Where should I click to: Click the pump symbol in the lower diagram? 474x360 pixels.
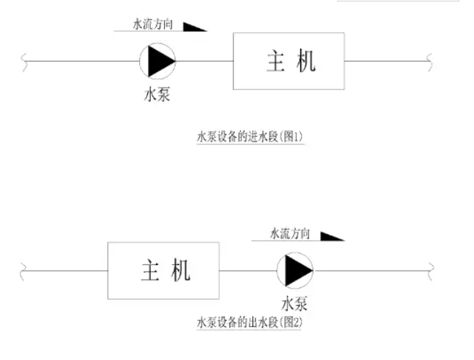pyautogui.click(x=294, y=271)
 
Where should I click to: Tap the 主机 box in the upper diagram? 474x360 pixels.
pyautogui.click(x=289, y=62)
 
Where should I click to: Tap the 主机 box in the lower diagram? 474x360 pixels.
pyautogui.click(x=163, y=271)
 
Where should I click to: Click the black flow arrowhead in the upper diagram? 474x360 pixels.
pyautogui.click(x=193, y=27)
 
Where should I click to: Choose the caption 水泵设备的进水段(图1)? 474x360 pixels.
pyautogui.click(x=250, y=137)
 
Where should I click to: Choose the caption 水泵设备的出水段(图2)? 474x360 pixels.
pyautogui.click(x=250, y=322)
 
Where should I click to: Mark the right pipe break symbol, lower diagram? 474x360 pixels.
pyautogui.click(x=431, y=271)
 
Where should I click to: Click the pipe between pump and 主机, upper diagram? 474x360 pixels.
pyautogui.click(x=204, y=62)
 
